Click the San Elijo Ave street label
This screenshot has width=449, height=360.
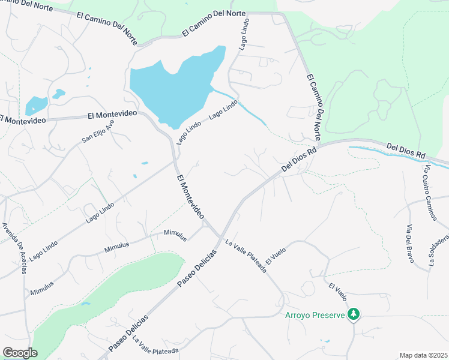click(x=98, y=131)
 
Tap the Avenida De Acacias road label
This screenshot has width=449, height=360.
click(x=14, y=247)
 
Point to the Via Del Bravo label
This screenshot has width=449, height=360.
click(x=411, y=243)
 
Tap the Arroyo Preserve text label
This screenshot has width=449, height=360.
click(x=315, y=315)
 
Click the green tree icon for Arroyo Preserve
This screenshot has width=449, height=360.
click(x=354, y=314)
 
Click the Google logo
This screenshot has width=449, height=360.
click(x=20, y=353)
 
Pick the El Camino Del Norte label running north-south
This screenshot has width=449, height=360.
click(x=315, y=105)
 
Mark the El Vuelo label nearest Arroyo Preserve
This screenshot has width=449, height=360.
click(x=337, y=291)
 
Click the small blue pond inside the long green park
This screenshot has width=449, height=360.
click(x=86, y=304)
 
